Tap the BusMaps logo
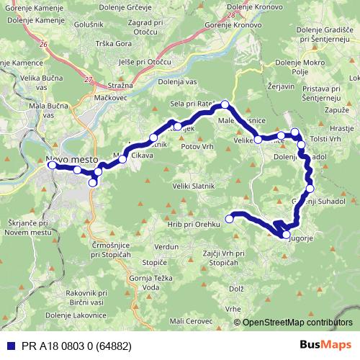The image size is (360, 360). [x=326, y=344]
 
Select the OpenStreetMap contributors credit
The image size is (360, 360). [x=297, y=323]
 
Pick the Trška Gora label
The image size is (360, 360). [x=113, y=43]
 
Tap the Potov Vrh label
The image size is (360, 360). [x=200, y=145]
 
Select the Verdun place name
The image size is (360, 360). [x=166, y=246]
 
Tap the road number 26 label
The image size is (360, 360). [x=44, y=45]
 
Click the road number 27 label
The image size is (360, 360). [x=88, y=79]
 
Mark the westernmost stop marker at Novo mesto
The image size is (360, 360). [x=52, y=165]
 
